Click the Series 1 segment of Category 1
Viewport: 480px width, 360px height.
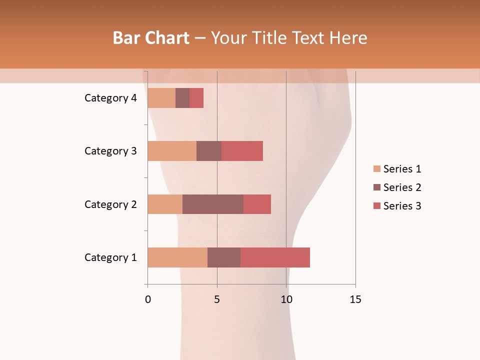click(x=177, y=257)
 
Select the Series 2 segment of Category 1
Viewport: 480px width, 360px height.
click(x=224, y=257)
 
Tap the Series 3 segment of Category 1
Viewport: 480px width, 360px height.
click(x=275, y=257)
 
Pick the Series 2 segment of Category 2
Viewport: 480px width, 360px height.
click(x=213, y=204)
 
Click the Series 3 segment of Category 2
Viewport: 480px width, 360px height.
click(x=257, y=204)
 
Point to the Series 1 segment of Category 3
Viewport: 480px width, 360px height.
click(x=172, y=151)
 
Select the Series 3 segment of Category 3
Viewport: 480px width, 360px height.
click(x=242, y=151)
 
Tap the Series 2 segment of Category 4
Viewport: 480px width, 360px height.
click(x=182, y=98)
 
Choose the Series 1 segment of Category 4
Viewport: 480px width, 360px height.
click(x=161, y=98)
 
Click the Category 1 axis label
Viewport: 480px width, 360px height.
click(x=110, y=257)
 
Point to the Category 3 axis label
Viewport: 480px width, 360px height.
click(x=110, y=151)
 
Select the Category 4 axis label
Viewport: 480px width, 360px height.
click(x=110, y=98)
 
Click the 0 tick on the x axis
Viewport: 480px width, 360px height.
click(x=148, y=299)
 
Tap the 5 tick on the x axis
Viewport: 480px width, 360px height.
click(x=217, y=299)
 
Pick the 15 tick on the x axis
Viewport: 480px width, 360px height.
click(x=355, y=299)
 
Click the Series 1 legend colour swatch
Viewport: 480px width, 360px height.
click(x=376, y=169)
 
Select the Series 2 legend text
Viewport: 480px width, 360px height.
click(x=402, y=187)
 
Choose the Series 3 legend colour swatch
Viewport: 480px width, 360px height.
click(x=376, y=206)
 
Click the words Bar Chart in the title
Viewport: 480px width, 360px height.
click(x=151, y=38)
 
